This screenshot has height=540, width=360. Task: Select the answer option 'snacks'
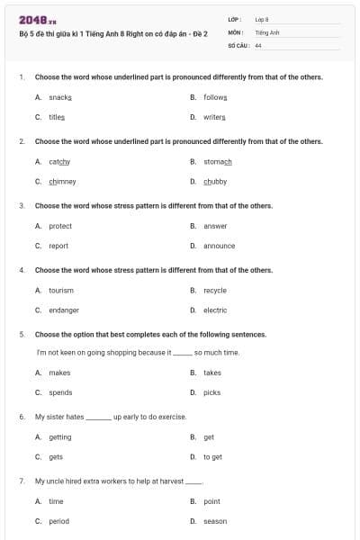pyautogui.click(x=60, y=96)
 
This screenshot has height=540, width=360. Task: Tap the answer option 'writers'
pyautogui.click(x=215, y=117)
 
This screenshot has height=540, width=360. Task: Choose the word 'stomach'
pyautogui.click(x=218, y=161)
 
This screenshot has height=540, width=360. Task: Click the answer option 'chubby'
pyautogui.click(x=215, y=181)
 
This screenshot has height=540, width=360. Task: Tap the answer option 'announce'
pyautogui.click(x=219, y=246)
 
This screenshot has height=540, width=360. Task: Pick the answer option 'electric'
pyautogui.click(x=215, y=310)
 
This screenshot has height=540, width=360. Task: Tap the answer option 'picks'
pyautogui.click(x=211, y=392)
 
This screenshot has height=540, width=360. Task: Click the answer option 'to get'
pyautogui.click(x=212, y=457)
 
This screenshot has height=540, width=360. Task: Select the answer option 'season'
pyautogui.click(x=215, y=521)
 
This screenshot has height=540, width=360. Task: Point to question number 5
pyautogui.click(x=22, y=334)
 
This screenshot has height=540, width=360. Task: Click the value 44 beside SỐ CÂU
pyautogui.click(x=258, y=44)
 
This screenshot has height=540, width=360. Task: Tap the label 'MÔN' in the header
pyautogui.click(x=236, y=31)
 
